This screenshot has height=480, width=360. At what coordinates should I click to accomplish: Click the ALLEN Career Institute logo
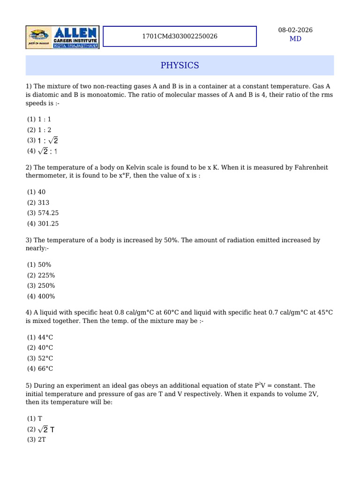pyautogui.click(x=62, y=37)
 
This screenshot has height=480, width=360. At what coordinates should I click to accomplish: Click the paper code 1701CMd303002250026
pyautogui.click(x=180, y=36)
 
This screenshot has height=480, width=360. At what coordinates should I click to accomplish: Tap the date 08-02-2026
pyautogui.click(x=295, y=30)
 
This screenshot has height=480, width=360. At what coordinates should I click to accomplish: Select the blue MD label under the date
pyautogui.click(x=295, y=39)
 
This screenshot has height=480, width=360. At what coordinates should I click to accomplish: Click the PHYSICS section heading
pyautogui.click(x=180, y=65)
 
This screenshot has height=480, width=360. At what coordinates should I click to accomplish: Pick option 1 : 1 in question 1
pyautogui.click(x=45, y=120)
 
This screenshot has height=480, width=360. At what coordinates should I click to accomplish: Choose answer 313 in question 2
pyautogui.click(x=45, y=202)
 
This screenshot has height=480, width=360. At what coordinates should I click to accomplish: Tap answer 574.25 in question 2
pyautogui.click(x=48, y=213)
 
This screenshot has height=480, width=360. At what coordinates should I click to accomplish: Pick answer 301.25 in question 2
pyautogui.click(x=48, y=224)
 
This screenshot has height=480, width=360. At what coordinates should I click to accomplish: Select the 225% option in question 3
pyautogui.click(x=46, y=275)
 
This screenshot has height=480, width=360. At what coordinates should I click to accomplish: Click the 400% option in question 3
pyautogui.click(x=46, y=296)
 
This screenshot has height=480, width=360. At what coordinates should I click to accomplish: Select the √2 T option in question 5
pyautogui.click(x=48, y=429)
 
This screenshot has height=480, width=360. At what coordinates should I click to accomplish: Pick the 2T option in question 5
pyautogui.click(x=42, y=440)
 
